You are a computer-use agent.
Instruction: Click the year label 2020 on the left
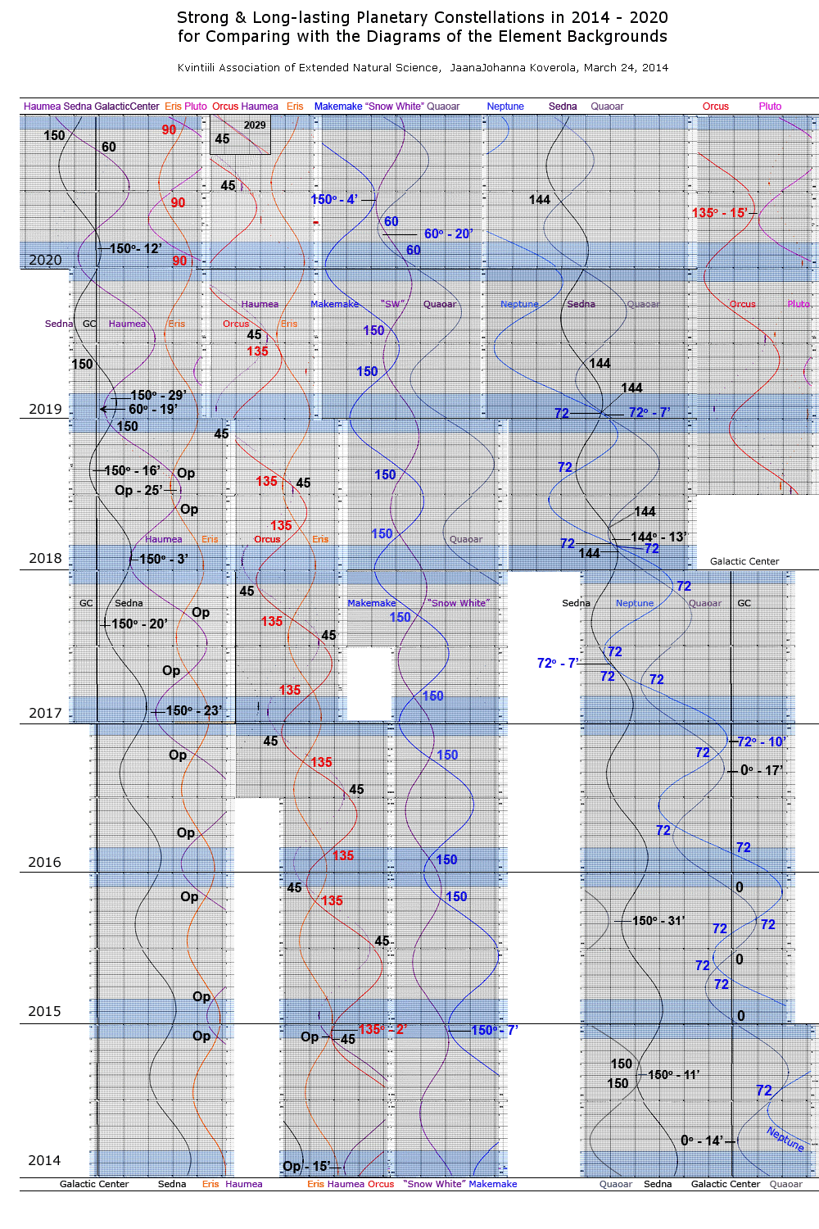(45, 260)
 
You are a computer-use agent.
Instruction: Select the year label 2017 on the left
(45, 713)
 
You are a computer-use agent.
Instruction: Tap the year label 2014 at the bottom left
(44, 1160)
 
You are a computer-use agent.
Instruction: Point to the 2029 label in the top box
(255, 125)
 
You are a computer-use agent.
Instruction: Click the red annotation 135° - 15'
(719, 213)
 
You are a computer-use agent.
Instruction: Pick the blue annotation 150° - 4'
(334, 200)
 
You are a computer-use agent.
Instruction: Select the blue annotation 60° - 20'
(448, 234)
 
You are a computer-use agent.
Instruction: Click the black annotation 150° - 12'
(135, 248)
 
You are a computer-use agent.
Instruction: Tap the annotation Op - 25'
(138, 490)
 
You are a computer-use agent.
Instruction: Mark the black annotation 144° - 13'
(658, 537)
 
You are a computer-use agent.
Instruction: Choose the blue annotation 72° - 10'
(762, 741)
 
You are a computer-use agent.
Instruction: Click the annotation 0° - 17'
(762, 770)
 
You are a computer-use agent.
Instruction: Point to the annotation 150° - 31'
(658, 921)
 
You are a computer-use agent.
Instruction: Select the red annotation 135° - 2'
(382, 1029)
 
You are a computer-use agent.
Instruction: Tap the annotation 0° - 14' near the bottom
(702, 1141)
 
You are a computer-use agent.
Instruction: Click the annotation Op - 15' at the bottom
(306, 1166)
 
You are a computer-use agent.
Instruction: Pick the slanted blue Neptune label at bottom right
(785, 1138)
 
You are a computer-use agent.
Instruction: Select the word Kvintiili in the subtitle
(200, 67)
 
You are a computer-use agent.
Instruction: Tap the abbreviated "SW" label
(393, 304)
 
